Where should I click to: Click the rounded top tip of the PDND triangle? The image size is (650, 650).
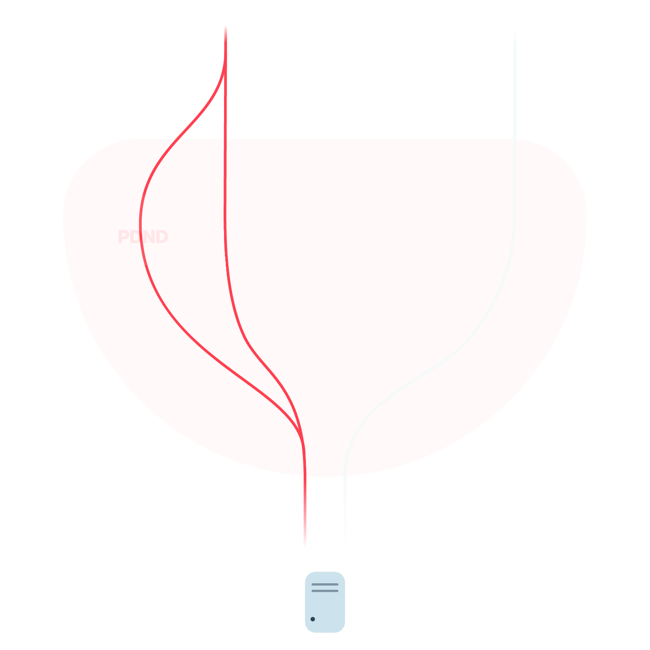point(143,197)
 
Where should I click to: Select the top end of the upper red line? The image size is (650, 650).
point(225,26)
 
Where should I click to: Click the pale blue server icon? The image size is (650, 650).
point(325,602)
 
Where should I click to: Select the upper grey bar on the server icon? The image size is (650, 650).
point(325,584)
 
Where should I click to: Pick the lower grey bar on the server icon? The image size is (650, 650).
point(325,591)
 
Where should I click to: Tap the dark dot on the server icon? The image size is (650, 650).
point(313,619)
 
